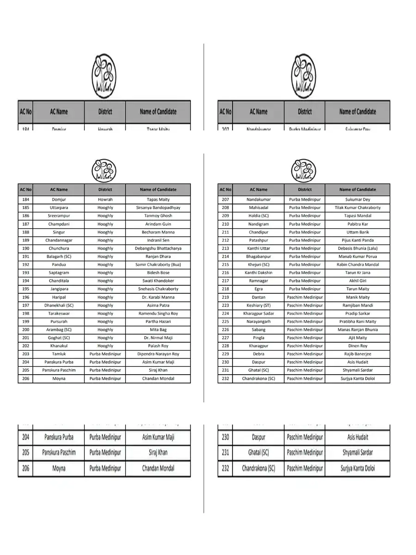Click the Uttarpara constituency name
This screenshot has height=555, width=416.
pos(59,208)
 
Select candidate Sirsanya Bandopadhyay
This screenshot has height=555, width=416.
pos(158,208)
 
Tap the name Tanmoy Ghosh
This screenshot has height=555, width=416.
pos(158,216)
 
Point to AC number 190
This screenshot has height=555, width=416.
pos(25,248)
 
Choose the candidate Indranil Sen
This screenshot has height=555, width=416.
pos(158,240)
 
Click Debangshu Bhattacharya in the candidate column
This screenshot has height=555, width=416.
pos(158,248)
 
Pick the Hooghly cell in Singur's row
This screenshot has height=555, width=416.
pos(105,232)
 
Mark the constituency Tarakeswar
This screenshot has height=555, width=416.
pos(59,314)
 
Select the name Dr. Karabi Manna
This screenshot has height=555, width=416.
pos(158,297)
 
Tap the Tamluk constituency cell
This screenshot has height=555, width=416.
pos(59,354)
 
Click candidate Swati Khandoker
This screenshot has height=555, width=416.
pos(158,281)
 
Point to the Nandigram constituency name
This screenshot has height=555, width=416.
pos(258,224)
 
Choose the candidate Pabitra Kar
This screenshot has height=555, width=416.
pos(357,224)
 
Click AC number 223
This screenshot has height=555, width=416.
pos(225,305)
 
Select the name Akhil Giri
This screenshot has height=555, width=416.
pos(357,281)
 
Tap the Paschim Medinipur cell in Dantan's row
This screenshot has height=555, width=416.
pos(305,297)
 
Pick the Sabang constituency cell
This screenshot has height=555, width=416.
pos(258,330)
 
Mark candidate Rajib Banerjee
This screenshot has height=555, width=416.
pos(357,354)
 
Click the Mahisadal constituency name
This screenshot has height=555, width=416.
pos(258,208)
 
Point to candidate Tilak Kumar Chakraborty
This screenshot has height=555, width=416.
pos(357,208)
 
